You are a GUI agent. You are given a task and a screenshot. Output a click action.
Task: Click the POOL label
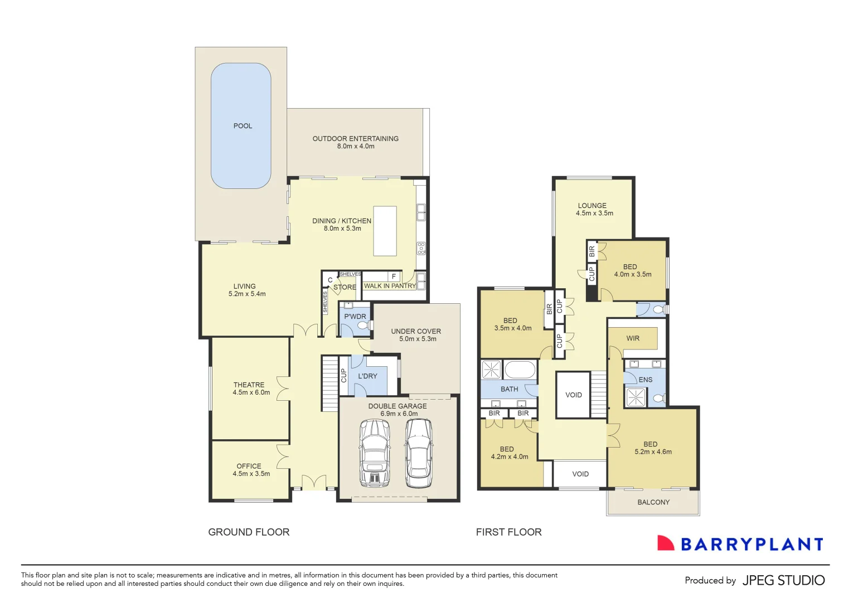(x=243, y=126)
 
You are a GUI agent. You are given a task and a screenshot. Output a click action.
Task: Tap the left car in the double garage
(x=375, y=453)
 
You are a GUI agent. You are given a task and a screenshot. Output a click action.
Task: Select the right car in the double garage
(x=419, y=453)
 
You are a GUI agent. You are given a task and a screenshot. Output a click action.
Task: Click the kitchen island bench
(x=385, y=231)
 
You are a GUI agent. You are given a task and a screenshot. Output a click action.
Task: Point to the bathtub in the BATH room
(x=519, y=370)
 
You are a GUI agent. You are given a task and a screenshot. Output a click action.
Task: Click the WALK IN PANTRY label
(x=390, y=286)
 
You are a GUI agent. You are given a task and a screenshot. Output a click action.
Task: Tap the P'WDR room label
(x=355, y=317)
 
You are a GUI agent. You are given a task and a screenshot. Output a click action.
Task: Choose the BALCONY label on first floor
(x=653, y=502)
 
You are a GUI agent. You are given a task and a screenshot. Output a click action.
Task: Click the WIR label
(x=633, y=338)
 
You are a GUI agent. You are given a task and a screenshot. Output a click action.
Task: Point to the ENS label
(x=646, y=380)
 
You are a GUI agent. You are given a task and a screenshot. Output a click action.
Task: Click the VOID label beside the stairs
(x=574, y=395)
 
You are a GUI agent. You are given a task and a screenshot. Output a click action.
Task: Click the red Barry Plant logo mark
(x=665, y=543)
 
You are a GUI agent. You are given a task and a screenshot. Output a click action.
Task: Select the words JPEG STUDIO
(x=783, y=580)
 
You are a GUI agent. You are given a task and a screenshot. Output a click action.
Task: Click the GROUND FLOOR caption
(x=249, y=532)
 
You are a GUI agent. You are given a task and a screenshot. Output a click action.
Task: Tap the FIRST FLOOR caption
(x=508, y=532)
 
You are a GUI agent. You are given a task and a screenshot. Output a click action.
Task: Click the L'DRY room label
(x=367, y=376)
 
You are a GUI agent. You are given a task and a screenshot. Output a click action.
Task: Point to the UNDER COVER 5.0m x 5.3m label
(x=416, y=334)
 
